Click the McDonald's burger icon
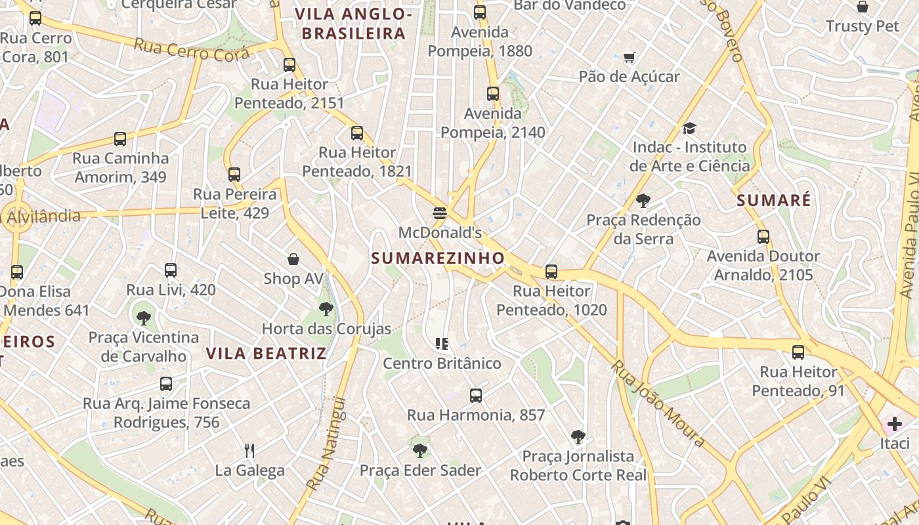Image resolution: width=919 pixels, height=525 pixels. click(440, 213)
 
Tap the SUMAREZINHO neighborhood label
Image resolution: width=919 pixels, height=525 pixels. click(438, 258)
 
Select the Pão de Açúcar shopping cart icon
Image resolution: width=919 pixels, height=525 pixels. click(629, 58)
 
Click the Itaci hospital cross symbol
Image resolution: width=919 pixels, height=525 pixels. click(894, 424)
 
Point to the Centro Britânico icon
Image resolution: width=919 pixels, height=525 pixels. click(442, 343)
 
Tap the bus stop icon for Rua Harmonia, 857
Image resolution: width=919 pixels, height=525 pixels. click(476, 396)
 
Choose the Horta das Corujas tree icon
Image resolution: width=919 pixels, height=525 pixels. click(326, 309)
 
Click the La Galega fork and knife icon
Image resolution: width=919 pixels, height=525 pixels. click(249, 451)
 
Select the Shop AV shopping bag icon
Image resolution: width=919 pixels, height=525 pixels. click(293, 259)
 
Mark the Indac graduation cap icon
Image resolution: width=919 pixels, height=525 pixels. click(689, 127)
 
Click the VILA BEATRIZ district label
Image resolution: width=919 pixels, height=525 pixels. click(266, 354)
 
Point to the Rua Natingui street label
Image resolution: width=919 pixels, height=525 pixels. click(326, 444)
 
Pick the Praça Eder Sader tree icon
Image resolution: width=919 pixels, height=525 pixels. click(420, 451)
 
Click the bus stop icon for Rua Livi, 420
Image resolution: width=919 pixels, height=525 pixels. click(171, 270)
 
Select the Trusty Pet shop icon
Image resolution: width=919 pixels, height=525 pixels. click(863, 7)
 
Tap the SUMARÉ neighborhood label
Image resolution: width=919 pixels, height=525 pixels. click(774, 200)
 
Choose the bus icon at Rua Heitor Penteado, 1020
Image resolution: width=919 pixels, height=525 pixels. click(551, 272)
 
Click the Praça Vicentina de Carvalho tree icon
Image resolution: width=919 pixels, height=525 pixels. click(144, 318)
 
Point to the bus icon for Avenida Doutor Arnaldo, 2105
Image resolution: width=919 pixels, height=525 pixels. click(763, 237)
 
